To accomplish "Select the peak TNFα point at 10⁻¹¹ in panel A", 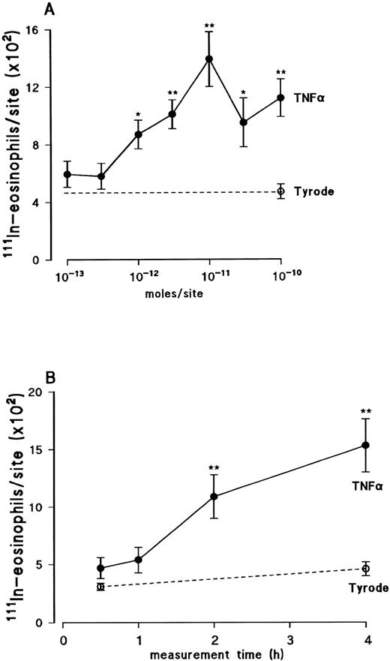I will (209, 59).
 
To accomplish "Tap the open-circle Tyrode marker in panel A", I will (280, 191).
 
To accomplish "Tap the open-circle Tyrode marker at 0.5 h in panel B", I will (100, 586).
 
